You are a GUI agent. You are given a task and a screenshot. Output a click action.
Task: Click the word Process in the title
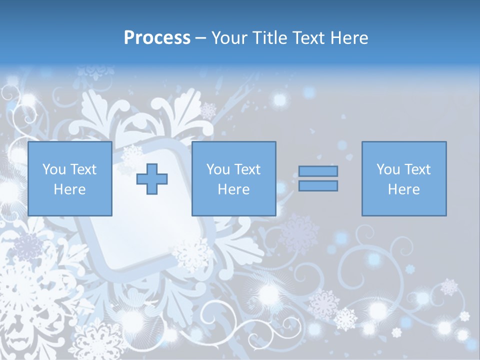point(157,38)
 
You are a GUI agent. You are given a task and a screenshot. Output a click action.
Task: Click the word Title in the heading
point(270,38)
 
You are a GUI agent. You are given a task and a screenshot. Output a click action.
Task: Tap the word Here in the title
point(348,38)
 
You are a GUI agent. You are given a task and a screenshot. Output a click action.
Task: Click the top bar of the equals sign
point(318,171)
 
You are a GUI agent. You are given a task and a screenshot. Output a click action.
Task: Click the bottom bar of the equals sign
point(318,186)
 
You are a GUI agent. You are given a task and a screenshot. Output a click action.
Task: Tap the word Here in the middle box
point(233,189)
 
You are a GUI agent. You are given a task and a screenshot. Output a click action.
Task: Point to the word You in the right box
point(388,169)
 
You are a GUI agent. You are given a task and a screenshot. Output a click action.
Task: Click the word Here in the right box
point(403,189)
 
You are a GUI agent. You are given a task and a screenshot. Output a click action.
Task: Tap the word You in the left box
point(54,169)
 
